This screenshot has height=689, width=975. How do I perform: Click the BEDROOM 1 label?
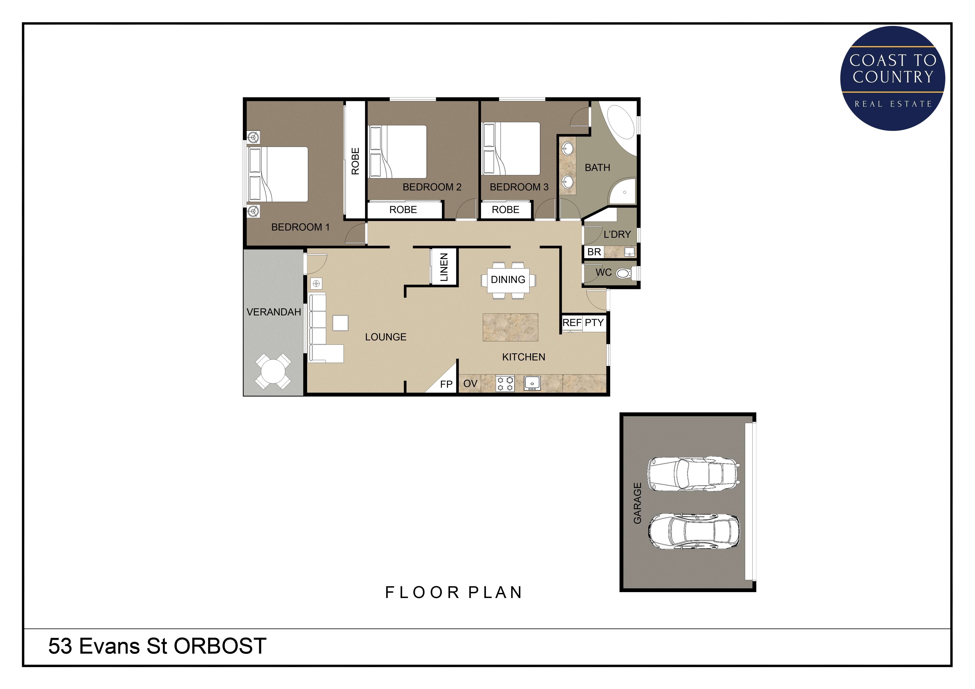click(300, 227)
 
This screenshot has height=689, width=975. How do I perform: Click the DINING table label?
click(508, 280)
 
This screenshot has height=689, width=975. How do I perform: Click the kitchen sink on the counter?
click(532, 383)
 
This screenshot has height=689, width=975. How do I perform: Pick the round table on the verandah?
click(274, 372)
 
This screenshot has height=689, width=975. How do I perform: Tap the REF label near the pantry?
click(572, 323)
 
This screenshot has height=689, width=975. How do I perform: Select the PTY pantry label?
click(594, 323)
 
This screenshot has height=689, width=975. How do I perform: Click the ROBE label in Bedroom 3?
click(505, 209)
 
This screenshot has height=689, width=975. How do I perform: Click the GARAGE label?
click(637, 503)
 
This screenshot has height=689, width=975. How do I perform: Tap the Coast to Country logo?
click(893, 78)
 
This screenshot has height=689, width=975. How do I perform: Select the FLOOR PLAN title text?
click(453, 592)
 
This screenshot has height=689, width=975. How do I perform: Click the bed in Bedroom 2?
click(398, 152)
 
